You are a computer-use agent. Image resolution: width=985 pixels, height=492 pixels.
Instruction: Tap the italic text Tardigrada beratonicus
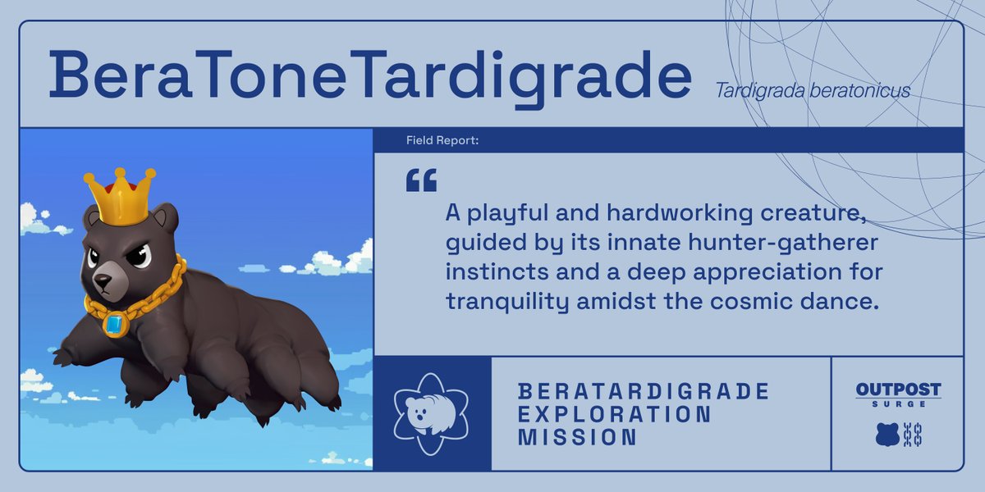pyautogui.click(x=812, y=90)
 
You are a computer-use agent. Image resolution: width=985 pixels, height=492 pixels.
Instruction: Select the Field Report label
pyautogui.click(x=442, y=141)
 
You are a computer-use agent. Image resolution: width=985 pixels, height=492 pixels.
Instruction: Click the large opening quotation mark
pyautogui.click(x=421, y=180)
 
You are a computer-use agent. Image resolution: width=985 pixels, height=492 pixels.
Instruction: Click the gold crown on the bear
pyautogui.click(x=121, y=197)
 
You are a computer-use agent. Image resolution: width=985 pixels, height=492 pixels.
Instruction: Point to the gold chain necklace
pyautogui.click(x=156, y=297)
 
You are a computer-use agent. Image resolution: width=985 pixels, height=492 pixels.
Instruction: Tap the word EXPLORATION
pyautogui.click(x=615, y=414)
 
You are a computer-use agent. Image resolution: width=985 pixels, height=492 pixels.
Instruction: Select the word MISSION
pyautogui.click(x=577, y=438)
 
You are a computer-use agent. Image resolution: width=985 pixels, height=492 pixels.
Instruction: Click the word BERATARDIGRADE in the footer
pyautogui.click(x=644, y=390)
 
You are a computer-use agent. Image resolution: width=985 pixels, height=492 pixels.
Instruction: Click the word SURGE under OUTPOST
pyautogui.click(x=898, y=403)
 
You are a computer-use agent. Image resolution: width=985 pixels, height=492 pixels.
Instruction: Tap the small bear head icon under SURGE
pyautogui.click(x=887, y=435)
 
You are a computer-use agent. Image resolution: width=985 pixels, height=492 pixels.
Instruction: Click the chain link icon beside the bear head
pyautogui.click(x=912, y=435)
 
